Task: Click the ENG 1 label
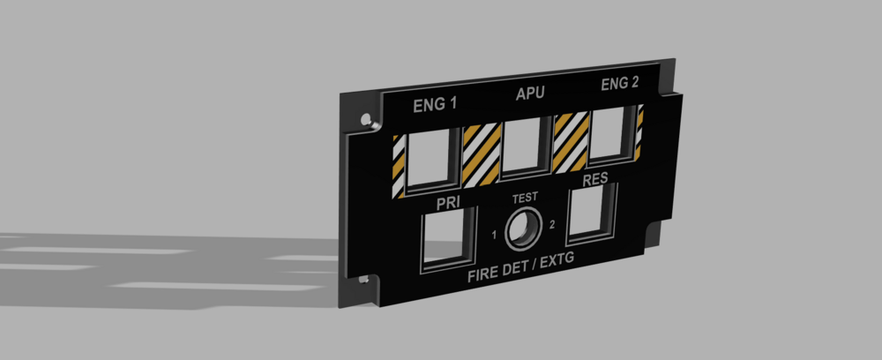point(435,105)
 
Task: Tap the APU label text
point(529,93)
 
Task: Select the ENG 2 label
point(619,85)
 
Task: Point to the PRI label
point(451,203)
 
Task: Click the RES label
point(596,179)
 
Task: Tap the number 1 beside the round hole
point(495,235)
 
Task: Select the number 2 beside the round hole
point(552,224)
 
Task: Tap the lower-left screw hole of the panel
point(366,281)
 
